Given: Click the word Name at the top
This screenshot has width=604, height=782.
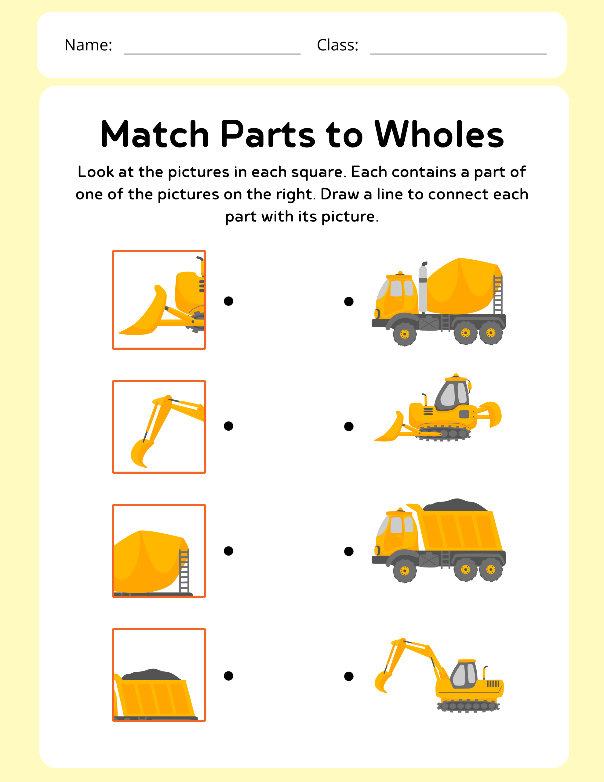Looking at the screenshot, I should pyautogui.click(x=88, y=45).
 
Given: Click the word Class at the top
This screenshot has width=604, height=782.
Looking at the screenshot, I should pyautogui.click(x=337, y=45).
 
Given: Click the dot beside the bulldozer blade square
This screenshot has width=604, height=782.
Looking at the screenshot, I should pyautogui.click(x=228, y=301).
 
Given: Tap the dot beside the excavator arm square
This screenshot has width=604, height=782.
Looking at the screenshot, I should pyautogui.click(x=228, y=426).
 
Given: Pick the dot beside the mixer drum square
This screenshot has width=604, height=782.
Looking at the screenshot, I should pyautogui.click(x=228, y=551).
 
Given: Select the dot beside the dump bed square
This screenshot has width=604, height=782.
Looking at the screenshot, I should pyautogui.click(x=228, y=676).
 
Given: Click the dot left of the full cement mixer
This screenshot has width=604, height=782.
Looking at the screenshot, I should pyautogui.click(x=349, y=301).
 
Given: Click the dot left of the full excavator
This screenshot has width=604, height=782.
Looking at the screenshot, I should pyautogui.click(x=349, y=676).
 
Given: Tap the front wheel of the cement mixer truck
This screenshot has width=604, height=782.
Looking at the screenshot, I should pyautogui.click(x=405, y=334).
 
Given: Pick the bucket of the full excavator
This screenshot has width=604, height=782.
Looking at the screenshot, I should pyautogui.click(x=382, y=682).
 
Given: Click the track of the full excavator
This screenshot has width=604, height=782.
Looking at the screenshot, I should pyautogui.click(x=468, y=706).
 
